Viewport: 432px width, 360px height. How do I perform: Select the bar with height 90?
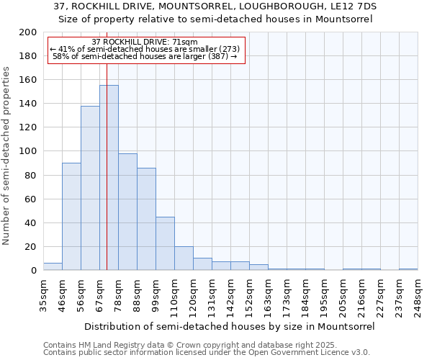(71, 216)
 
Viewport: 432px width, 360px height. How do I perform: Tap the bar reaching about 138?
(90, 188)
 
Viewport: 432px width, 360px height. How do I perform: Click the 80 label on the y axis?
(31, 175)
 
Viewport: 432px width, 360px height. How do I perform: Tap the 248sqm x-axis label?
(418, 295)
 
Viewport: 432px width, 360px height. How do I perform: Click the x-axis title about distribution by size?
(230, 326)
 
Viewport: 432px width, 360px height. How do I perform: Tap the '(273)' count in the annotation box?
(225, 49)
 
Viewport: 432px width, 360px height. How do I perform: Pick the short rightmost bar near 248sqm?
(408, 269)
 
